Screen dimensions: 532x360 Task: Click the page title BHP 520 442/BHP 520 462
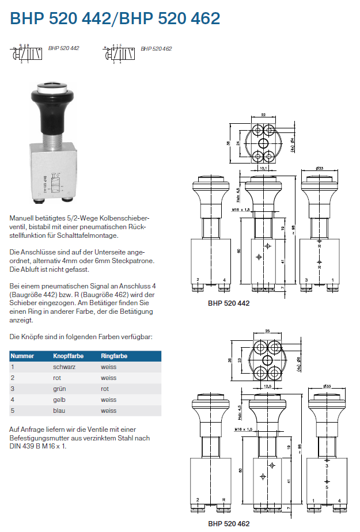(115, 18)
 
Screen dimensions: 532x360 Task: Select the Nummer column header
(22, 356)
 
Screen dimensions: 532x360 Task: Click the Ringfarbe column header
(113, 356)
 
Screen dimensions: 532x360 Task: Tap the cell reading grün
(59, 389)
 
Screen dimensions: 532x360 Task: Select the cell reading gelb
(59, 400)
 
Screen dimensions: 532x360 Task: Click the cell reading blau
(59, 411)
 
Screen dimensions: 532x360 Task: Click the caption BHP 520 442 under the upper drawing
(228, 302)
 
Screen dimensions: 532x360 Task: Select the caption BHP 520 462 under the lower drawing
(229, 524)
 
